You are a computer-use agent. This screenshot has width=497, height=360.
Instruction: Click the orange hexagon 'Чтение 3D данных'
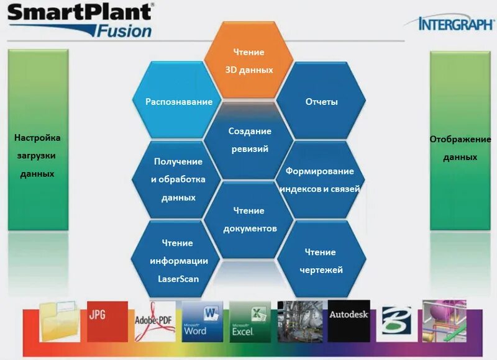[248, 61]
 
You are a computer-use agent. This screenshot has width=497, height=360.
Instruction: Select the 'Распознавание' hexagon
[179, 101]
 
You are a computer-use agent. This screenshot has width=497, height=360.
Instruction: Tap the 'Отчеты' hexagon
[321, 101]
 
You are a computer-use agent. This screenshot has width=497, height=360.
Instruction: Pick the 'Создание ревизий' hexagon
[250, 140]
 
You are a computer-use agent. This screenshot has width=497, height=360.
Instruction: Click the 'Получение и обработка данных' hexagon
[178, 179]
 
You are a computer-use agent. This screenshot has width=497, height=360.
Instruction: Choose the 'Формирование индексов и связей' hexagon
[319, 179]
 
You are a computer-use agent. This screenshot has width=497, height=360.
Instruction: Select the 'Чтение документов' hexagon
[249, 219]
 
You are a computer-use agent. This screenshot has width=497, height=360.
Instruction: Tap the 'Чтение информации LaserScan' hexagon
[178, 260]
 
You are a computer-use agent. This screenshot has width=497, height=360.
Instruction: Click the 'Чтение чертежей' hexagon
[320, 261]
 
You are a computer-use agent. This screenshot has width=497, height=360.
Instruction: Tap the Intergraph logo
[456, 24]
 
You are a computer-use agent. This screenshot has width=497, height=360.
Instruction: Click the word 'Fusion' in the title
[125, 30]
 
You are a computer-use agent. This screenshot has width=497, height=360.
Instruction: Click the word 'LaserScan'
[178, 279]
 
